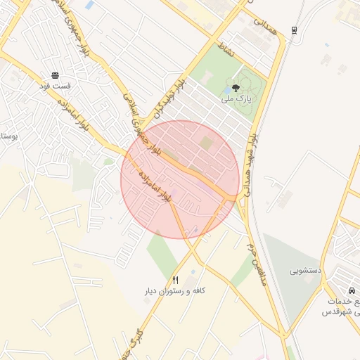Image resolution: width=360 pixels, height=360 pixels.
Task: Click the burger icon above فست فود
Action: [56, 75]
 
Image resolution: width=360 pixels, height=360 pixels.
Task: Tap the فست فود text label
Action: [55, 86]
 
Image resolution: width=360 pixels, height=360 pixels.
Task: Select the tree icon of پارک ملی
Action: [236, 89]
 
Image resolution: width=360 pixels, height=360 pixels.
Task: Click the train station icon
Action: [293, 30]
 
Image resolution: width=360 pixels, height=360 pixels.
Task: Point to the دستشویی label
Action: [307, 270]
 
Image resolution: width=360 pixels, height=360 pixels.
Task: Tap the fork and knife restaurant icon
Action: [176, 279]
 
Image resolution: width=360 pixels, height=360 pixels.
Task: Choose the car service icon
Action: [350, 290]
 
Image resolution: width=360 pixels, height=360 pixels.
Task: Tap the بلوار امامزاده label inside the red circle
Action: [155, 185]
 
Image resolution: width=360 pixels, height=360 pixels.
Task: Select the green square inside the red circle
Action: [206, 143]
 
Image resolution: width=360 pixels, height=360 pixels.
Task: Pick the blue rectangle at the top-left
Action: [89, 6]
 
